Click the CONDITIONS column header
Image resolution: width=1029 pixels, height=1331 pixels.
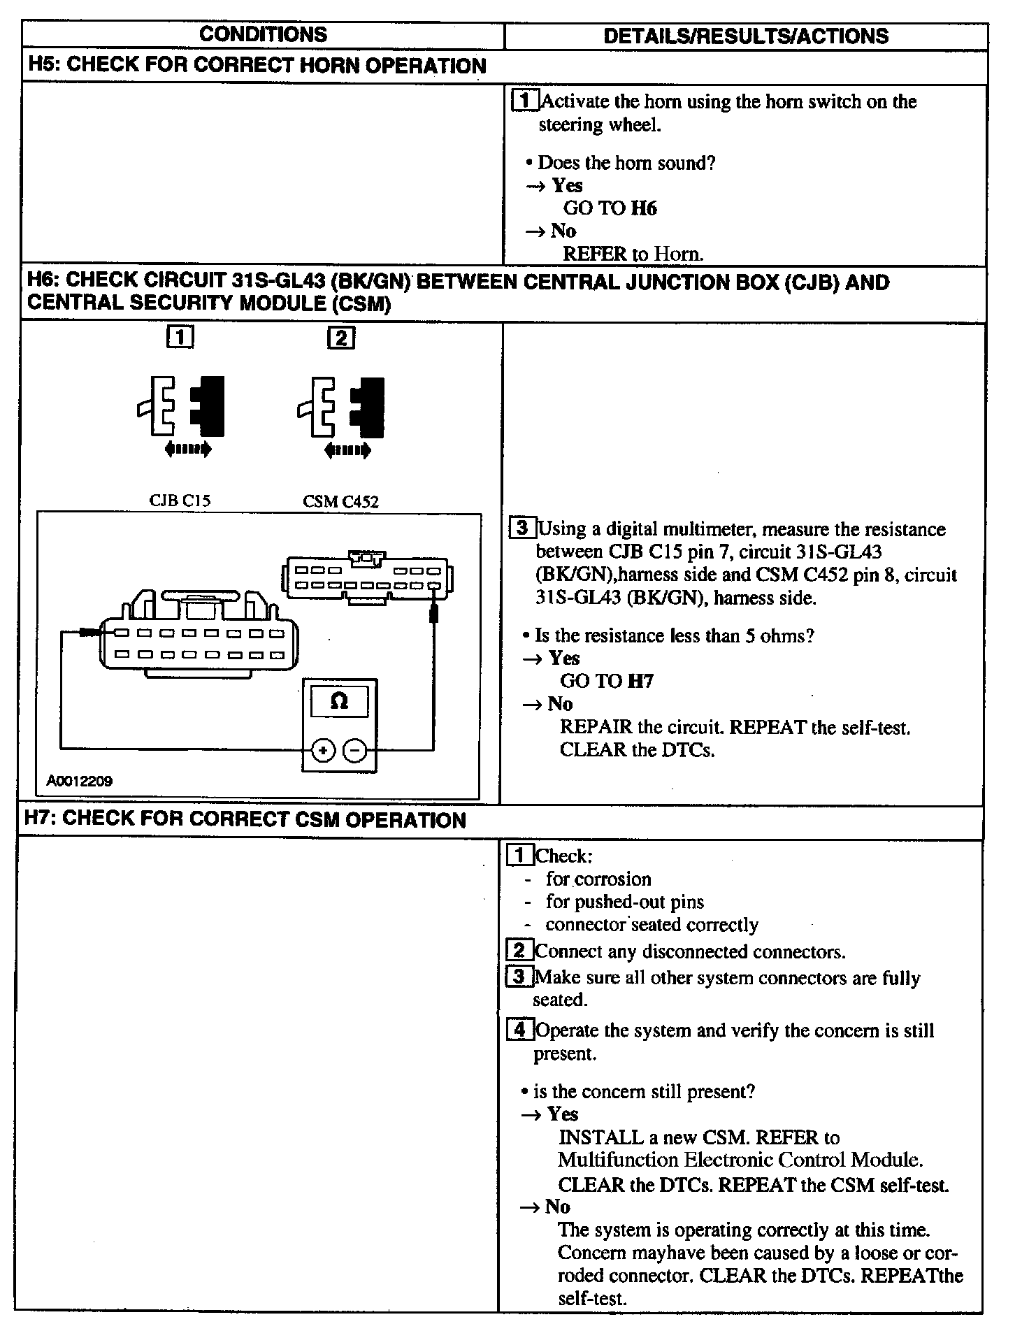coord(263,34)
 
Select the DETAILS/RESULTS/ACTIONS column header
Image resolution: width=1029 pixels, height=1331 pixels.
coord(745,36)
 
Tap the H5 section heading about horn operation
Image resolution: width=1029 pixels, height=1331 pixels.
coord(257,66)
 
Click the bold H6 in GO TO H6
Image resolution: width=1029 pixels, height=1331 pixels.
coord(643,208)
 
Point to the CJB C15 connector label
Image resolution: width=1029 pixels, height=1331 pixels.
coord(180,501)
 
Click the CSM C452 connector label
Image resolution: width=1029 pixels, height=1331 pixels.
coord(340,501)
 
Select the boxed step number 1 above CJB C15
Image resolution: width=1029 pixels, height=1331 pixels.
coord(180,338)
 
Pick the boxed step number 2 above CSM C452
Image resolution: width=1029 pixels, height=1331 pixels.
coord(341,338)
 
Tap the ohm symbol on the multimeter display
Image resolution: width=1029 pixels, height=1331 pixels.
coord(338,701)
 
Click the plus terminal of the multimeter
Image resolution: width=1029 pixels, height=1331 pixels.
coord(322,751)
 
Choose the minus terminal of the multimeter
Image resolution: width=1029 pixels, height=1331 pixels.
coord(356,751)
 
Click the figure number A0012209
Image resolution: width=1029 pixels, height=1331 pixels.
coord(79,781)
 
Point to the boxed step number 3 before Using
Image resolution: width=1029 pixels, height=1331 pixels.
coord(521,528)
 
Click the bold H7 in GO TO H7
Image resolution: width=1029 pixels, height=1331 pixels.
coord(640,681)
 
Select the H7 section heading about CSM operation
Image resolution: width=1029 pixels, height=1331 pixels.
coord(245,820)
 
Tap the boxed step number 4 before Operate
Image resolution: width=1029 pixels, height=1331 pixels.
coord(519,1030)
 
